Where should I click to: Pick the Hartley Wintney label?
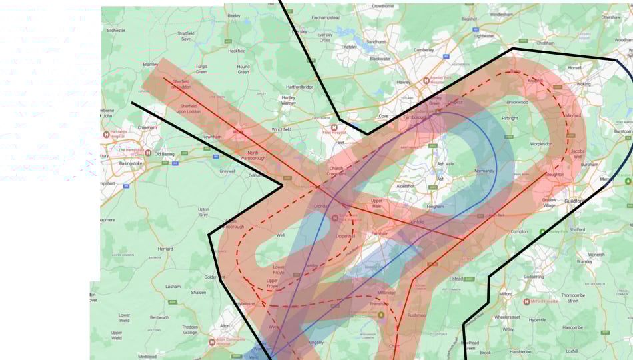click(289, 100)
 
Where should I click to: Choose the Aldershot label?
click(406, 186)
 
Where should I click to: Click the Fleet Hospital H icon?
click(335, 126)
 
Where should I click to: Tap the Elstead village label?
click(456, 279)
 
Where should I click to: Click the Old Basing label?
click(164, 154)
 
